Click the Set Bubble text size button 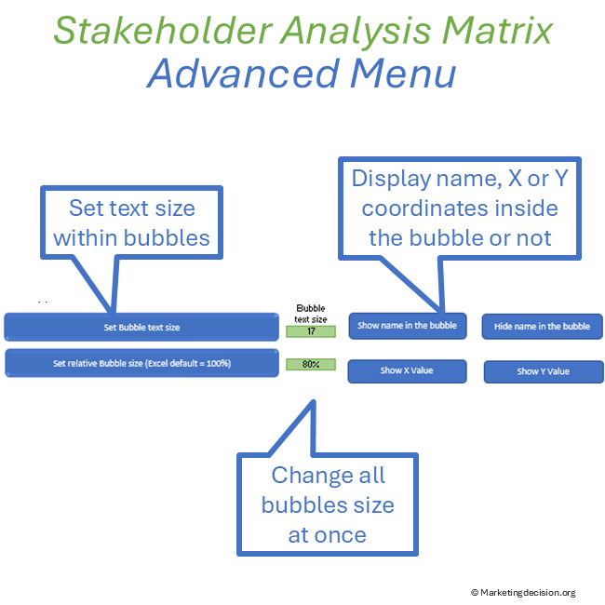[141, 327]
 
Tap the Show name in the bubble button [407, 326]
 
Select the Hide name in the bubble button [542, 327]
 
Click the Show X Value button [407, 370]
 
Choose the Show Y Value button [543, 371]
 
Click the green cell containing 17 [310, 331]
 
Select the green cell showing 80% [310, 364]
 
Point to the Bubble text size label [311, 314]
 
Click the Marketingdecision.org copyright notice [523, 592]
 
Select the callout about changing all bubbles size [327, 504]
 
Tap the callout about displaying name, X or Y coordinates [459, 208]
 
